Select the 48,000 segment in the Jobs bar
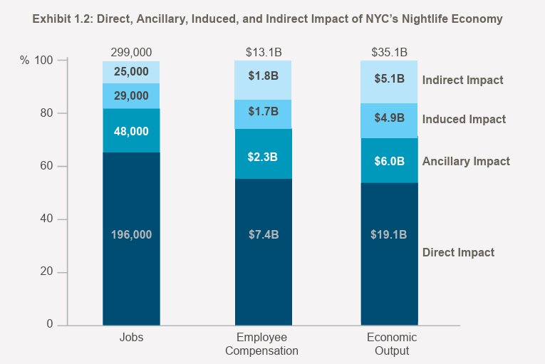[x=131, y=131]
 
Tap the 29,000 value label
[x=131, y=96]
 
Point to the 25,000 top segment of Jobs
[x=131, y=72]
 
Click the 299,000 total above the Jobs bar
[x=131, y=52]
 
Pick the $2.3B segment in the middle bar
[x=263, y=155]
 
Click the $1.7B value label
[x=263, y=111]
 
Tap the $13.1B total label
[x=263, y=52]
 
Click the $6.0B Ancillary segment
[x=389, y=161]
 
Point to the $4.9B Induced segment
[x=389, y=118]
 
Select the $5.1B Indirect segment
[x=389, y=79]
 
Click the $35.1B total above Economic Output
[x=389, y=52]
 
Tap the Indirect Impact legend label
[x=462, y=80]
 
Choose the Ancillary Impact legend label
[x=466, y=161]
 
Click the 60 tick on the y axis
[x=48, y=166]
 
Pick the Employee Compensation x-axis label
[x=261, y=344]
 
